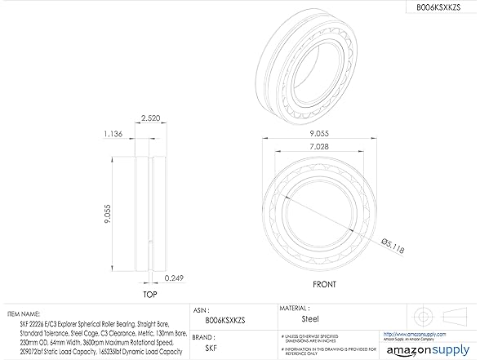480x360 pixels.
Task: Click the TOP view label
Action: click(149, 294)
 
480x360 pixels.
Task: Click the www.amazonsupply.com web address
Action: click(433, 333)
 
